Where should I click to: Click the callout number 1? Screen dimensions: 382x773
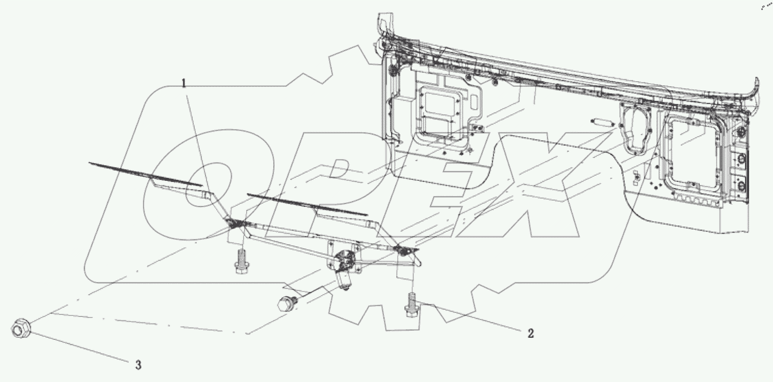coord(184,82)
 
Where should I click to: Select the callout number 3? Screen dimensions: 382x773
coord(137,365)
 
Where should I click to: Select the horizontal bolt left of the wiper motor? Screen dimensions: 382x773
coord(285,303)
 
